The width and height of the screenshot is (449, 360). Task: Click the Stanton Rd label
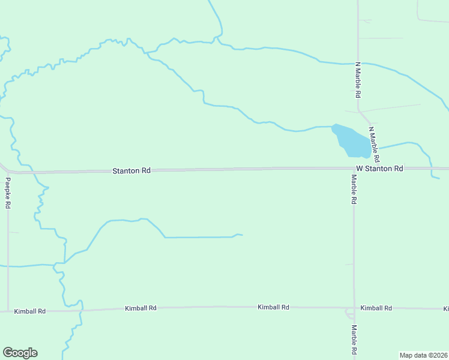[131, 171]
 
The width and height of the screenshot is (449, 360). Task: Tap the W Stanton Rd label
[379, 169]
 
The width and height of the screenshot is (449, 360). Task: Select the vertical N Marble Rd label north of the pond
[358, 80]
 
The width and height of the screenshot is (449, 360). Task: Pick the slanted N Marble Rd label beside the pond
[374, 145]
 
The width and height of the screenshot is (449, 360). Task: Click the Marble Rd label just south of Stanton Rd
[354, 190]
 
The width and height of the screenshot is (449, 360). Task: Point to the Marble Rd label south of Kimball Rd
[354, 340]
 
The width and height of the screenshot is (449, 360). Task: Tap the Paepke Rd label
[8, 193]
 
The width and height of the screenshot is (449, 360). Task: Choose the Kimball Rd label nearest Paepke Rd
[30, 311]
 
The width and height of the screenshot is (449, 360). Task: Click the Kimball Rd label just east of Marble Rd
[376, 308]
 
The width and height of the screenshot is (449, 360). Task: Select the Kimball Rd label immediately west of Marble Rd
[273, 307]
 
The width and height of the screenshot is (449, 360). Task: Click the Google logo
[20, 353]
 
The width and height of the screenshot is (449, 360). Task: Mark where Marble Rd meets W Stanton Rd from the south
[353, 169]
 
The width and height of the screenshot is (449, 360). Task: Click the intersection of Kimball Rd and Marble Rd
[354, 308]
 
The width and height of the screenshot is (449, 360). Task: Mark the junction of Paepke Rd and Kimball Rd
[8, 311]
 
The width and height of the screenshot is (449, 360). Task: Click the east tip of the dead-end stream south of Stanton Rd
[242, 235]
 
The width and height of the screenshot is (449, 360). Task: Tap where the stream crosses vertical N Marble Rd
[358, 62]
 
